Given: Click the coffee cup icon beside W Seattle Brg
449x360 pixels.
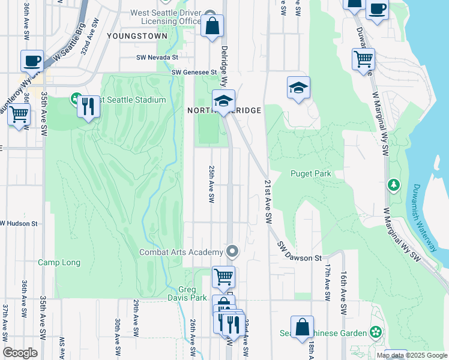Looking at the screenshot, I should coord(32,61).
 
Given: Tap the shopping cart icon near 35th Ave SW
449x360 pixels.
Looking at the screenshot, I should coord(19,113).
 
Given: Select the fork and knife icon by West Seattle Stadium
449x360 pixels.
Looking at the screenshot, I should coord(88,107).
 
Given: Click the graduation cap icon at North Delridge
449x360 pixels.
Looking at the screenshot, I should coord(223,101).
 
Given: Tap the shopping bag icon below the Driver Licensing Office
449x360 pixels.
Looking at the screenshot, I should coord(212,26).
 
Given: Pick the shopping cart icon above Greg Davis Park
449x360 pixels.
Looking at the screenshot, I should coord(223,277).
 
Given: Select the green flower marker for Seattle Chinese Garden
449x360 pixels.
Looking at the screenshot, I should coord(376,332).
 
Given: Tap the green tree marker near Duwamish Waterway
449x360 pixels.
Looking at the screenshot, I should coord(394,185).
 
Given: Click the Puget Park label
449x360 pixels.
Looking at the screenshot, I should coord(311,174).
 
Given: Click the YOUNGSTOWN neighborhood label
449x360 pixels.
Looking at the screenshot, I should coord(137,36).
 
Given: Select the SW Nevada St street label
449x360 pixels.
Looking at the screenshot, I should coord(157,58).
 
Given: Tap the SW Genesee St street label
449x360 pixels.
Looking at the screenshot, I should coord(194,73).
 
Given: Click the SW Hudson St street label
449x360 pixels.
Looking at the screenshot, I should coord(19,223).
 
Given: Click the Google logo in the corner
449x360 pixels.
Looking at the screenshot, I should coord(20,353).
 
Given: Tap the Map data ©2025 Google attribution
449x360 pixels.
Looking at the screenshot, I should coord(411,355).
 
